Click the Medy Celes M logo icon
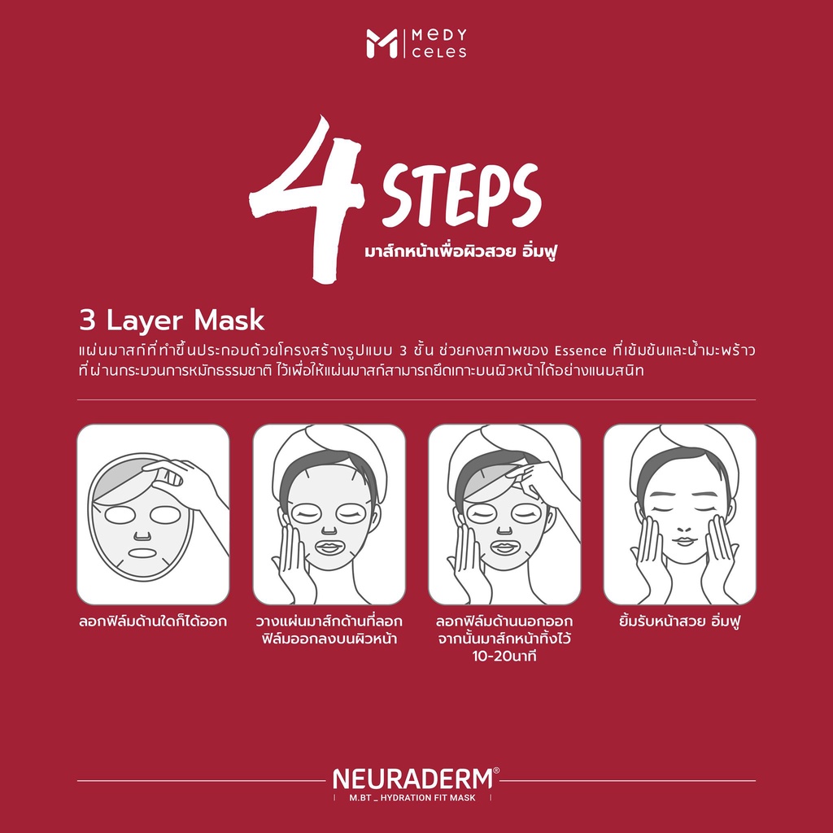[382, 44]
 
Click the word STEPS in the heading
[461, 195]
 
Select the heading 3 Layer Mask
[172, 321]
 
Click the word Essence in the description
[580, 351]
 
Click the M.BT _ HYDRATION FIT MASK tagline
[412, 797]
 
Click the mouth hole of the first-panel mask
[142, 553]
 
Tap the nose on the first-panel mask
[142, 534]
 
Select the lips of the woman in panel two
[329, 547]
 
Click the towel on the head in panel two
[329, 451]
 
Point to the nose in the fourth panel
[684, 529]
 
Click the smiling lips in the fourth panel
[684, 541]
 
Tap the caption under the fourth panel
[679, 621]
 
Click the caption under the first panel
[153, 621]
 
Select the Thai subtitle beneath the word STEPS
[460, 251]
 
